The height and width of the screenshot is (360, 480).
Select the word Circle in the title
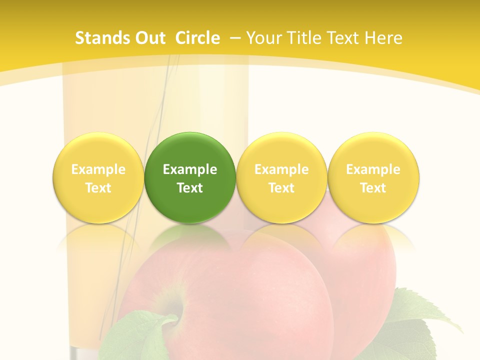(197, 38)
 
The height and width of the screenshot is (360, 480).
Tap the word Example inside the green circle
(190, 169)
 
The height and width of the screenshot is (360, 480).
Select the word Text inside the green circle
(190, 188)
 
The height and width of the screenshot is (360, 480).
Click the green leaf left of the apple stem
(132, 335)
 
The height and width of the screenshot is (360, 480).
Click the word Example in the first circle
(98, 169)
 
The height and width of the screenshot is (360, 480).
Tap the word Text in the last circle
(373, 188)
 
